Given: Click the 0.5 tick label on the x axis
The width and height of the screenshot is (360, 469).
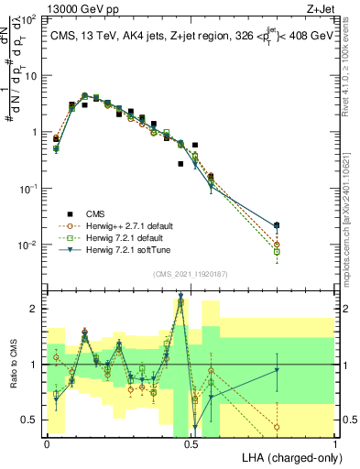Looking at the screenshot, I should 191,442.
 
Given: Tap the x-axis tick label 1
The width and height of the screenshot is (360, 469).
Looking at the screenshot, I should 335,442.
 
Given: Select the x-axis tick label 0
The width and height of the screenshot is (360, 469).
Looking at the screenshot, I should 47,442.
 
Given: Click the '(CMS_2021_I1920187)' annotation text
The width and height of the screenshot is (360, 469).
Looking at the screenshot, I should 191,272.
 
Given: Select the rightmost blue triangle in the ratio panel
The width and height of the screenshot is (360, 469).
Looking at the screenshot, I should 278,370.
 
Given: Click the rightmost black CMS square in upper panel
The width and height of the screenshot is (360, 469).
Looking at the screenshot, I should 278,224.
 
